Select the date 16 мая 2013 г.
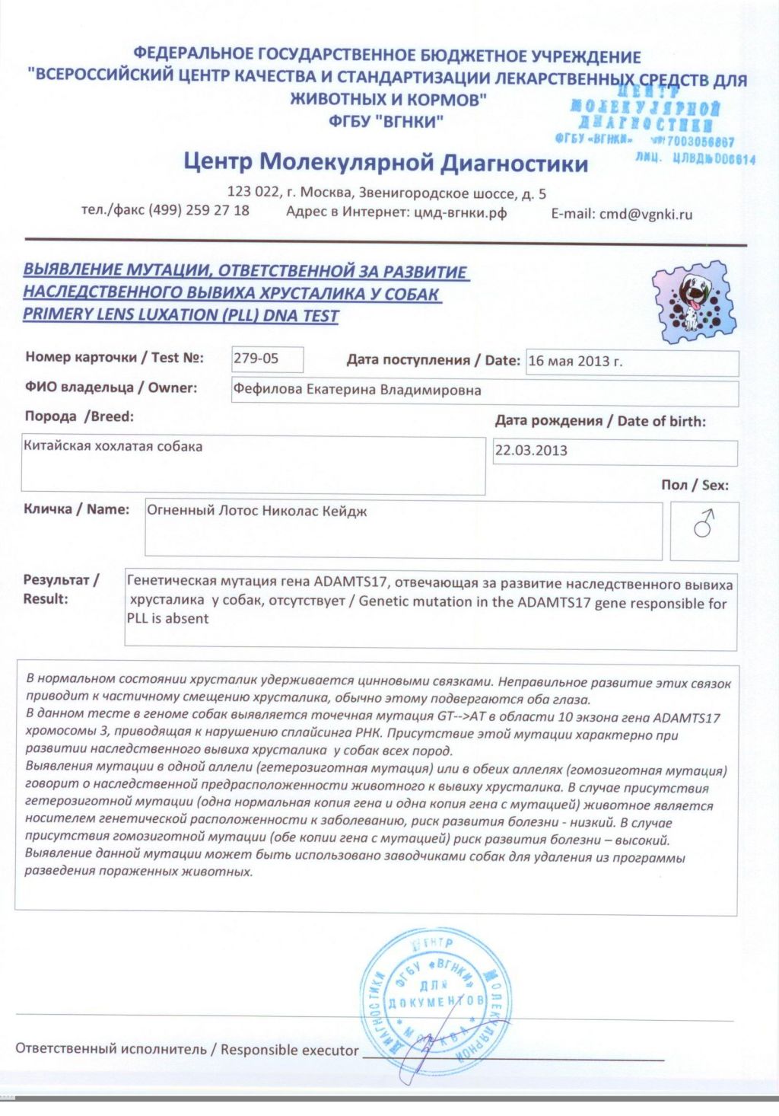tap(575, 362)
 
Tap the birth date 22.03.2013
tap(531, 450)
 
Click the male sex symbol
tap(704, 524)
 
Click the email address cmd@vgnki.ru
tap(646, 214)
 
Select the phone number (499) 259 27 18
tap(199, 210)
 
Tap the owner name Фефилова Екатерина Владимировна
tap(357, 391)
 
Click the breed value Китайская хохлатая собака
tap(113, 446)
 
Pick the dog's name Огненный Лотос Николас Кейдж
tap(257, 511)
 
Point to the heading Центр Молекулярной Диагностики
tap(386, 162)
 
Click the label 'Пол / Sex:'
tap(695, 485)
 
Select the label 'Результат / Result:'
tap(61, 589)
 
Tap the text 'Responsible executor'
tap(289, 1050)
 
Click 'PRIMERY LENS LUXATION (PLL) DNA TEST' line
tap(181, 314)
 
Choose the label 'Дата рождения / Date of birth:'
tap(600, 421)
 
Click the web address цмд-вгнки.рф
tap(460, 212)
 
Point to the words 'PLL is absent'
tap(167, 619)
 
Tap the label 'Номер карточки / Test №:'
tap(114, 357)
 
